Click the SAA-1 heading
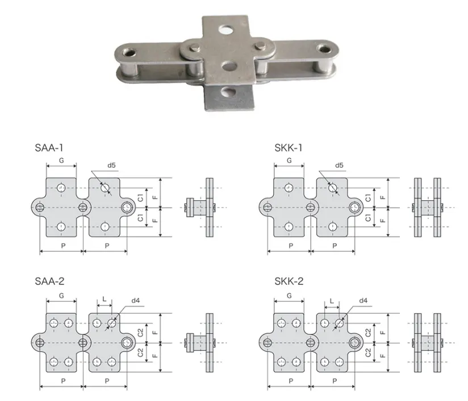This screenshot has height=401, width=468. (x=48, y=148)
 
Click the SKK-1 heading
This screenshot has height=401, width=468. (x=289, y=148)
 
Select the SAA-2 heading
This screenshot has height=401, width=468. (x=49, y=282)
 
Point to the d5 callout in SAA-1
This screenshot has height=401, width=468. (x=111, y=166)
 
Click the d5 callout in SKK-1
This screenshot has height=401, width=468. (x=339, y=166)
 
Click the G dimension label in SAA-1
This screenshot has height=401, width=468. (x=61, y=161)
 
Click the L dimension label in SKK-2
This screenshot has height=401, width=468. (x=332, y=299)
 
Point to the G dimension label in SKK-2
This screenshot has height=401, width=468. (x=289, y=296)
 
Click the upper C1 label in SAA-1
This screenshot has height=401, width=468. (x=140, y=198)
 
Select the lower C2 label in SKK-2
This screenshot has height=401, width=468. (x=369, y=353)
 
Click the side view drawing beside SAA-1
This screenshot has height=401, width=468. (x=202, y=208)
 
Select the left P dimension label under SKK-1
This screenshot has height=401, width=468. (x=290, y=246)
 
